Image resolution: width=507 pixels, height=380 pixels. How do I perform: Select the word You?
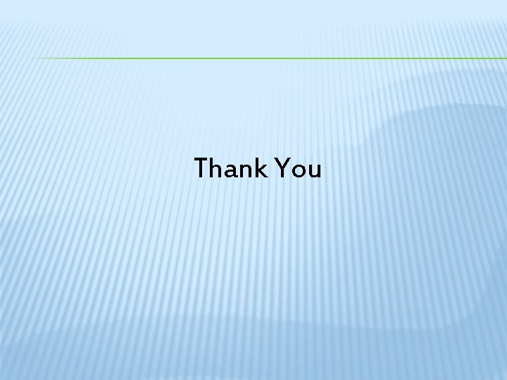299,169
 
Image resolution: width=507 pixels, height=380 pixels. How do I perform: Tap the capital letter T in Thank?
202,169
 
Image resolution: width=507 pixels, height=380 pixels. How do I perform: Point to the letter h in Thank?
218,169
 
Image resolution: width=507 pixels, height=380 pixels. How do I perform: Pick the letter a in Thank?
232,172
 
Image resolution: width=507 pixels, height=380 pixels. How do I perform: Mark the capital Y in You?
281,169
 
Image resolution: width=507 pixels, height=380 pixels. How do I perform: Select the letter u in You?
314,172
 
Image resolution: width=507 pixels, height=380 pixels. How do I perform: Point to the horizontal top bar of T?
202,160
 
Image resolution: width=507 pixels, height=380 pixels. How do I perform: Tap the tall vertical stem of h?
213,168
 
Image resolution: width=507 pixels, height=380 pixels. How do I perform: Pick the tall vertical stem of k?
255,168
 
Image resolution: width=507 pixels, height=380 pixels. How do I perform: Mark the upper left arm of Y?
277,163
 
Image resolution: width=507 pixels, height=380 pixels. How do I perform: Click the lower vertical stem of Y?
281,174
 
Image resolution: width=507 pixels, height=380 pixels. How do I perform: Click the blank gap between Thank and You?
269,169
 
